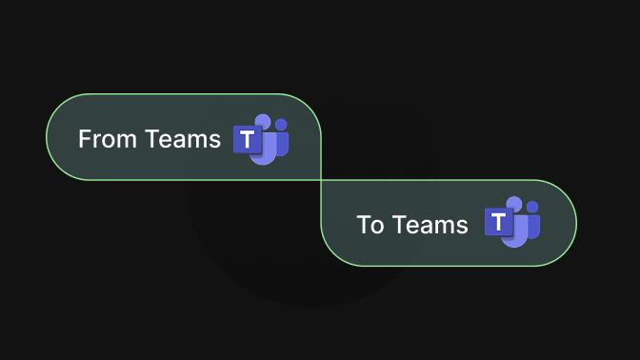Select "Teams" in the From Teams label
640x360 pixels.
(x=183, y=139)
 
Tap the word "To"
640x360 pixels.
(x=370, y=225)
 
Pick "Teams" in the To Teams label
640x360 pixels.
(x=430, y=225)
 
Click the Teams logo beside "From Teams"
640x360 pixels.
(x=261, y=140)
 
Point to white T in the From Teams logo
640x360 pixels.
(x=248, y=140)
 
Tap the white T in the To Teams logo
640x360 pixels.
(x=498, y=223)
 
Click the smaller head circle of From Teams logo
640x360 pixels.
(x=281, y=124)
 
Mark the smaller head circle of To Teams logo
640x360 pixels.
(x=532, y=207)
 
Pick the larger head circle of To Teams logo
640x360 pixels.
(x=515, y=204)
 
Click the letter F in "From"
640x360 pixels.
(x=84, y=139)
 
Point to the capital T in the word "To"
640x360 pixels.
(x=363, y=225)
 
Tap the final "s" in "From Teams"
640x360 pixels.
(x=215, y=141)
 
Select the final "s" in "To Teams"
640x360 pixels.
(x=463, y=227)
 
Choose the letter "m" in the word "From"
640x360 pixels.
(x=130, y=141)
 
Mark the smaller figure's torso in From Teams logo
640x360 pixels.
(x=283, y=143)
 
